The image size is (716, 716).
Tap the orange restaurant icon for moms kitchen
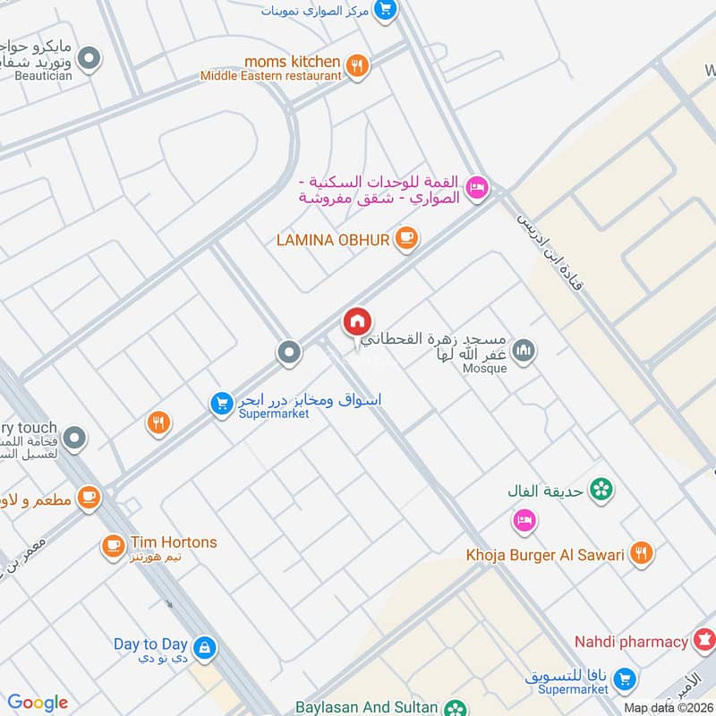coord(357,66)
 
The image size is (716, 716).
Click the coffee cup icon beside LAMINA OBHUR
coord(407,237)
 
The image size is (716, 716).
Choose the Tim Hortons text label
coord(174,542)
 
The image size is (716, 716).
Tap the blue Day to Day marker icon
coord(205,646)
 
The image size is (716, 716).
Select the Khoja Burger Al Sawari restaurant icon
coord(641,554)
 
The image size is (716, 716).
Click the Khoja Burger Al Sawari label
coord(545,555)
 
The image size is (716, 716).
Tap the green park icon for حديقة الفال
coord(602,489)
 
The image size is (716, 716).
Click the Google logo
coord(38,703)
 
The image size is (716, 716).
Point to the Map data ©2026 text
coord(668,708)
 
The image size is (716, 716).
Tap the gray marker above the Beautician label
coord(89,60)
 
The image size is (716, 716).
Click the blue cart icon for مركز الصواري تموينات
coord(385,10)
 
